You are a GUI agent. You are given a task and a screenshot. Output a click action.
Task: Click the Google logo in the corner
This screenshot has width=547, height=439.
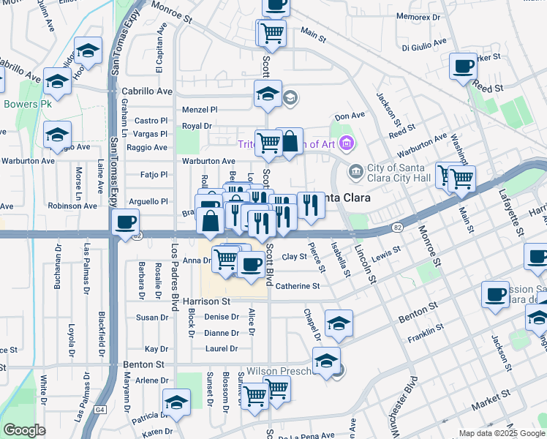(x=24, y=430)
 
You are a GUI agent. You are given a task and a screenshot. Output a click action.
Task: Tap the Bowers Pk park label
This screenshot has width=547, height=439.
(x=25, y=104)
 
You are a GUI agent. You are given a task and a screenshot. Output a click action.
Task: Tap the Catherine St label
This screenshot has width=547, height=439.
(x=298, y=286)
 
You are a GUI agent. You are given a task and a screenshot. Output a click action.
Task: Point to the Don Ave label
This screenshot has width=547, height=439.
(x=349, y=116)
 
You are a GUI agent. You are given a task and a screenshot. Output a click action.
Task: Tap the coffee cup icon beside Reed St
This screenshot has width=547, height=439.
(x=462, y=67)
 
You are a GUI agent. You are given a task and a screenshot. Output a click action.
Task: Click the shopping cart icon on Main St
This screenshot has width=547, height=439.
(x=271, y=32)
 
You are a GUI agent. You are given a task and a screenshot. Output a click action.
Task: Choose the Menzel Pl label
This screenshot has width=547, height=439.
(x=199, y=109)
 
